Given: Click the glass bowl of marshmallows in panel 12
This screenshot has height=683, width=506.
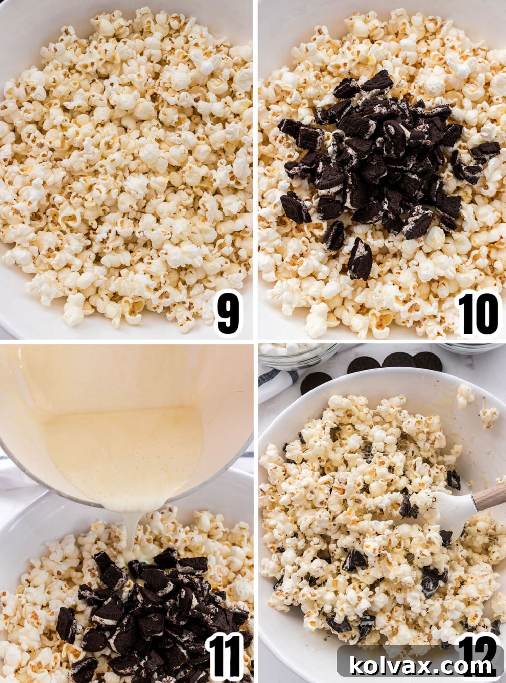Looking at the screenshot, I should tap(297, 354).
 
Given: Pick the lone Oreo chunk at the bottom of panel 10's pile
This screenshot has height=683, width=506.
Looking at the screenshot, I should tap(360, 260).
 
